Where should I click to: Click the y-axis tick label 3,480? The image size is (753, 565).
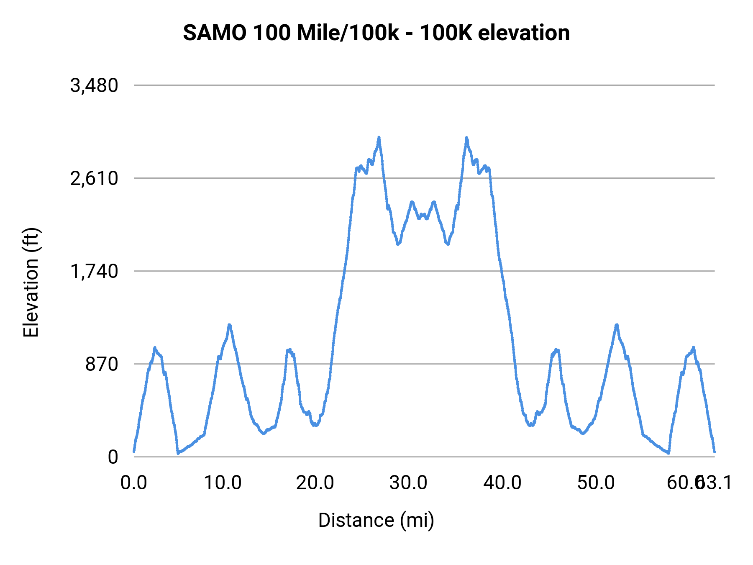(94, 86)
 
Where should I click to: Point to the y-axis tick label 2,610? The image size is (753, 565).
(94, 179)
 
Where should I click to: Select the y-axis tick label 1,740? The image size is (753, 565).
(94, 272)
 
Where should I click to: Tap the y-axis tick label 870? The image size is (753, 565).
(102, 365)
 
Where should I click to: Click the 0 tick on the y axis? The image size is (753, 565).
(113, 457)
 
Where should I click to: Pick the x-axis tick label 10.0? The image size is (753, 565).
(223, 483)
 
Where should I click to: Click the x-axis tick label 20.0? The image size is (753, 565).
(315, 483)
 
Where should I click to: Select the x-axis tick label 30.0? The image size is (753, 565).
(408, 483)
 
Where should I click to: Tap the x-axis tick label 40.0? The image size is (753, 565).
(502, 483)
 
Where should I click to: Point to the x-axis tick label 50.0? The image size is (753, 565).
(596, 483)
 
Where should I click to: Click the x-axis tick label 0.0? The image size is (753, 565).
(134, 483)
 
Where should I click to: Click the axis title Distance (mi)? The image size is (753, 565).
(376, 520)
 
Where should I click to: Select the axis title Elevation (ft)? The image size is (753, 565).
(31, 282)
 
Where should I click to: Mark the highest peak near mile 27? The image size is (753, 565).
(379, 137)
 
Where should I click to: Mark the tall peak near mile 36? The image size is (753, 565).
(466, 138)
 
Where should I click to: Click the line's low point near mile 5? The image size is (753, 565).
(178, 453)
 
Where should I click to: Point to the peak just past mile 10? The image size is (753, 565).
(229, 325)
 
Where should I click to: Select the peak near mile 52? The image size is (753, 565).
(617, 325)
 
